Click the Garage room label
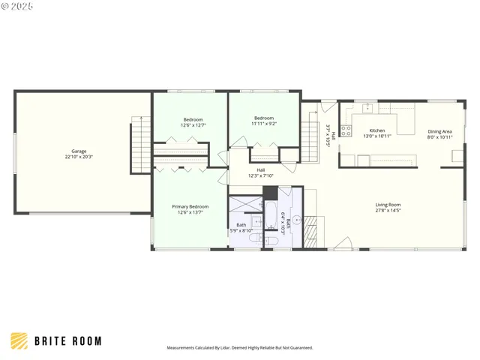tap(79, 151)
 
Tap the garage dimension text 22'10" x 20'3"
tap(79, 157)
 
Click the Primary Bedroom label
tap(190, 206)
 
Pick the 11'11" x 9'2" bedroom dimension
tap(263, 124)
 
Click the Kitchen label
tap(376, 130)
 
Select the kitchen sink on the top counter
tap(367, 109)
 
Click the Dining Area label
tap(439, 131)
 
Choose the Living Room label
tap(388, 205)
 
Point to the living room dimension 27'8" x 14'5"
tap(388, 211)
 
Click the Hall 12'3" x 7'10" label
tap(260, 172)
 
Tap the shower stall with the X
tap(242, 206)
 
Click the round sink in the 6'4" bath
tap(295, 220)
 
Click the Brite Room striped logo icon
tap(19, 341)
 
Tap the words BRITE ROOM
tap(67, 341)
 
